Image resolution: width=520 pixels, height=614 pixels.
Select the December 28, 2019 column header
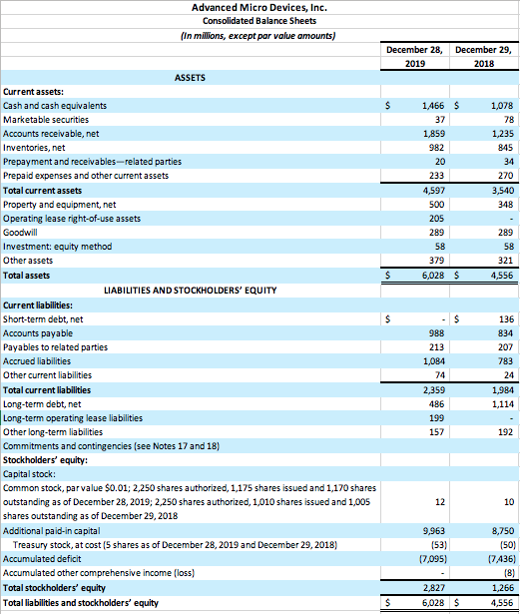pyautogui.click(x=414, y=56)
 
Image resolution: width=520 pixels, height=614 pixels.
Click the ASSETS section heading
pyautogui.click(x=193, y=77)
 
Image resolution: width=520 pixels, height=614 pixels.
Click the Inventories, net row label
pyautogui.click(x=39, y=148)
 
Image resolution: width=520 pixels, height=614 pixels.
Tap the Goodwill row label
pyautogui.click(x=22, y=232)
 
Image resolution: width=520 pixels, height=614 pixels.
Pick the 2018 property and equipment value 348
pyautogui.click(x=501, y=204)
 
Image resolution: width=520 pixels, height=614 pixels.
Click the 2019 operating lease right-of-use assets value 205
pyautogui.click(x=434, y=218)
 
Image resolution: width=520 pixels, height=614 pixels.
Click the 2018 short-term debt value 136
pyautogui.click(x=502, y=318)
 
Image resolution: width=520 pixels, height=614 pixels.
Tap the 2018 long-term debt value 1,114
pyautogui.click(x=497, y=403)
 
